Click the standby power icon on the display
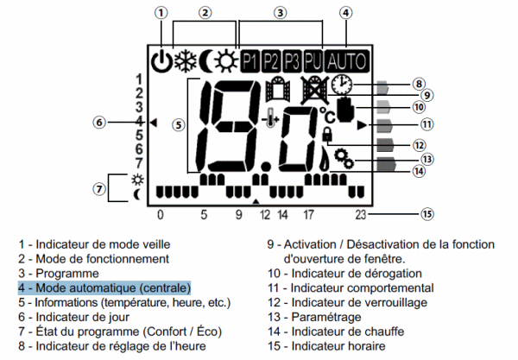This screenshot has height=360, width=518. tap(161, 61)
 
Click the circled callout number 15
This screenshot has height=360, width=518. tap(425, 213)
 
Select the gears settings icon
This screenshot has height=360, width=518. tap(344, 158)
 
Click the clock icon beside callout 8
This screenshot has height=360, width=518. tap(343, 85)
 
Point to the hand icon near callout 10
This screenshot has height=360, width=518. tap(347, 111)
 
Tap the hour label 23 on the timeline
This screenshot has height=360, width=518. tap(361, 214)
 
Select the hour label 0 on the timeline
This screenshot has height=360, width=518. tap(160, 214)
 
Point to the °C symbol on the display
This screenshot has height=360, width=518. tap(326, 112)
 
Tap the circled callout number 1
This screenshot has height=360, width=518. tap(161, 12)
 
